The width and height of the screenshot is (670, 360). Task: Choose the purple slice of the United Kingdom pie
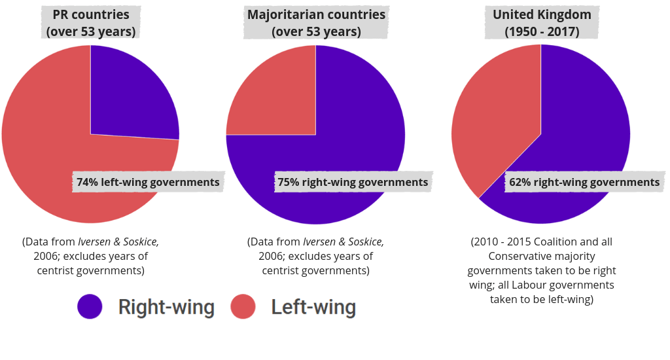[x=582, y=118]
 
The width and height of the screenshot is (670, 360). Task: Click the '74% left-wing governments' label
[x=148, y=182]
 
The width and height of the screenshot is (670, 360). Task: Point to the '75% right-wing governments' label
[x=353, y=182]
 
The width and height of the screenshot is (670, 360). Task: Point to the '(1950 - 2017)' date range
[x=542, y=31]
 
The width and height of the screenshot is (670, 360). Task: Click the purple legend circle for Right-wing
[x=90, y=306]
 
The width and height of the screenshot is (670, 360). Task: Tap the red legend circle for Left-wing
[x=243, y=306]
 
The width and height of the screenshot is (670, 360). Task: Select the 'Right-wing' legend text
[x=166, y=307]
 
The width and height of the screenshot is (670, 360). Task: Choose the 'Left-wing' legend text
[x=313, y=307]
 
